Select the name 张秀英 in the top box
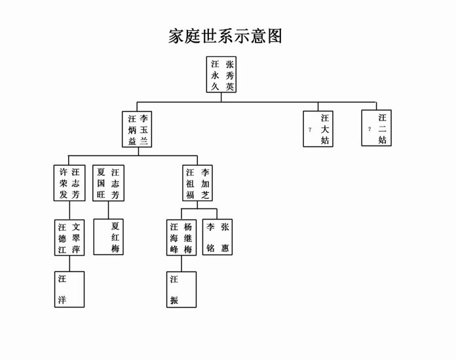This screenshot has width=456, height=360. coord(229,75)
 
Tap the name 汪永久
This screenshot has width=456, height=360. coord(214,75)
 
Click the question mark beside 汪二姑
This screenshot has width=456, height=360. coord(370,129)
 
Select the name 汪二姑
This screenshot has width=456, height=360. coord(382,129)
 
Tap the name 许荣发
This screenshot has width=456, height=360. coord(62,184)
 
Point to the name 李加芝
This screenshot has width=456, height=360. coord(206,184)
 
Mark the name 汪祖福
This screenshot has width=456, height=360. coord(190,184)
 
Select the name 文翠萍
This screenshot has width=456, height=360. coord(76,238)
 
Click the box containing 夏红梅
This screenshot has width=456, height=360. coord(108,237)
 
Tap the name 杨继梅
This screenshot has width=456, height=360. coord(188,238)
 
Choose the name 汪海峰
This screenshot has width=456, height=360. coord(174,238)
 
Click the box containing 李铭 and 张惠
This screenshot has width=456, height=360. coord(218,237)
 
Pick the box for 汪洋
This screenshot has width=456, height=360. coord(69,289)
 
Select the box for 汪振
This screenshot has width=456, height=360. coord(181,289)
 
